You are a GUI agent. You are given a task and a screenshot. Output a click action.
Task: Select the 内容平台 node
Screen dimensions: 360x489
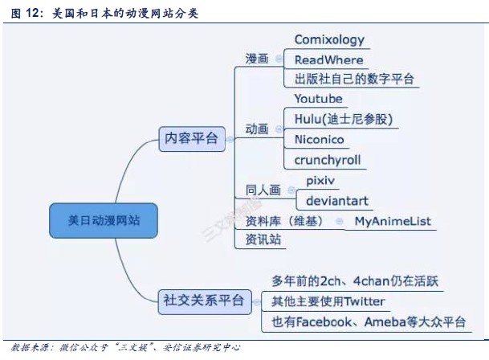(191, 138)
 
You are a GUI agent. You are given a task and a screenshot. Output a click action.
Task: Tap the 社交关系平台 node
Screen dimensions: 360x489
(202, 301)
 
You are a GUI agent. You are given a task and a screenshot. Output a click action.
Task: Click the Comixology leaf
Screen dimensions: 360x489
(329, 39)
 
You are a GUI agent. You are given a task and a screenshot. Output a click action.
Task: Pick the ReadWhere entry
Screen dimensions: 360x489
(329, 59)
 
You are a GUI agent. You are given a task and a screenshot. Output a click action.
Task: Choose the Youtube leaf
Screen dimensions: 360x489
(318, 99)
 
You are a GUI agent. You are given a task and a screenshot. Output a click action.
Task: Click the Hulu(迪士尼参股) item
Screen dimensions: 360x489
(344, 119)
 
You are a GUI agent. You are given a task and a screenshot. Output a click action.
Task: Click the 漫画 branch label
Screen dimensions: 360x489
(257, 59)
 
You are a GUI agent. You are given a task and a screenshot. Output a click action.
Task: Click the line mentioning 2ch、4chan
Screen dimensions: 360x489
(358, 281)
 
